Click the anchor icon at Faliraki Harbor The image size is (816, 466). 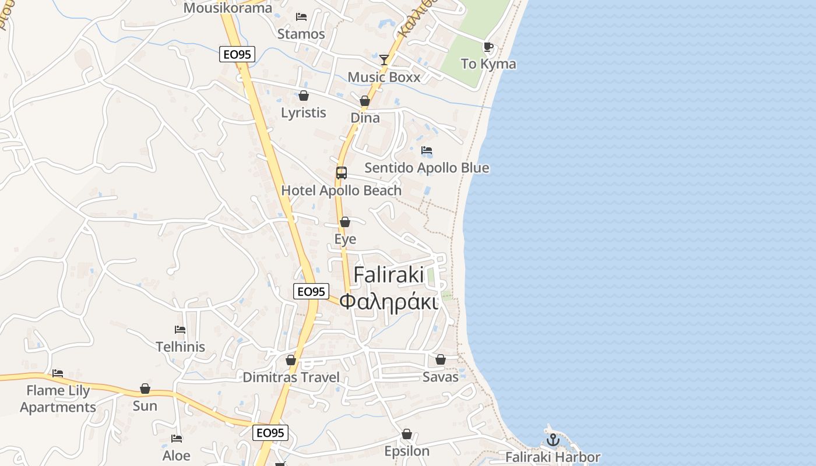click(553, 440)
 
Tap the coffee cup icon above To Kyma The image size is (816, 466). click(488, 47)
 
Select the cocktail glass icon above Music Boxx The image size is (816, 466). click(384, 59)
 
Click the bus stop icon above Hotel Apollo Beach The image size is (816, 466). click(342, 173)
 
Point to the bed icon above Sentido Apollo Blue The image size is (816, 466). click(427, 150)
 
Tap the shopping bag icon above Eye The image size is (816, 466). click(345, 222)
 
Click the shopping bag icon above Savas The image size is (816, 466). click(441, 359)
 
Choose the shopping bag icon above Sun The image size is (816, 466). click(145, 389)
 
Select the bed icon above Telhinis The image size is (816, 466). click(180, 330)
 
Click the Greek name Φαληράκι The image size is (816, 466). click(389, 302)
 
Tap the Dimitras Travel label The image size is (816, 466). click(291, 377)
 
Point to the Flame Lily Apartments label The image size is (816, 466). click(58, 398)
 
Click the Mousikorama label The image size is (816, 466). click(227, 8)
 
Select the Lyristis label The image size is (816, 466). click(304, 112)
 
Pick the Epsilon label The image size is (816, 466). click(407, 451)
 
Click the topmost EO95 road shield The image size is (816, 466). click(237, 54)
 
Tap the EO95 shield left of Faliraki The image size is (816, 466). click(311, 291)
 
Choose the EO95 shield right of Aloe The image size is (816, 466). click(271, 433)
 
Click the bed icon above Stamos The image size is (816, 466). click(301, 16)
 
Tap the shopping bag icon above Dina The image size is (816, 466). click(365, 101)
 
